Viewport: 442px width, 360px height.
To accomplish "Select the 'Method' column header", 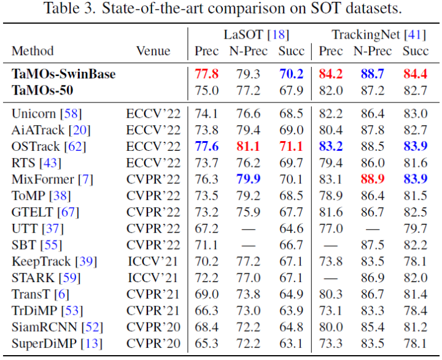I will (x=33, y=51).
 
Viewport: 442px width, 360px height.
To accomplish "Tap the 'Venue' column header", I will (x=153, y=51).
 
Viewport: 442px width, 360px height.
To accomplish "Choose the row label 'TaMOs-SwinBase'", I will (x=64, y=75).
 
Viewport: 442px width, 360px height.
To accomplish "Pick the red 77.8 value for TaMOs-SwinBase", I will (x=207, y=75).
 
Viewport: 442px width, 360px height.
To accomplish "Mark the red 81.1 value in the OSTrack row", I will (x=247, y=146).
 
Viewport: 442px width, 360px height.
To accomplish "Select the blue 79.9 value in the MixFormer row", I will (x=247, y=179).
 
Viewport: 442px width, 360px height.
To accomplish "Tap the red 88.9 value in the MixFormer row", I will (x=373, y=179).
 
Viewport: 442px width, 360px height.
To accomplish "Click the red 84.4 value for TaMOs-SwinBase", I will (x=416, y=75).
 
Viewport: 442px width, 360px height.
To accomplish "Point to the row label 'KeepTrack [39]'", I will (x=54, y=261).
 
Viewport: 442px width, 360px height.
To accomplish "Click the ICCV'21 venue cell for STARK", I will (x=153, y=278).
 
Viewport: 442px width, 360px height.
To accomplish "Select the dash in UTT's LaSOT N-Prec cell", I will (x=247, y=229).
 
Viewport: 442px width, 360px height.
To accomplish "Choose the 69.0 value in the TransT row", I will (x=207, y=294).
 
